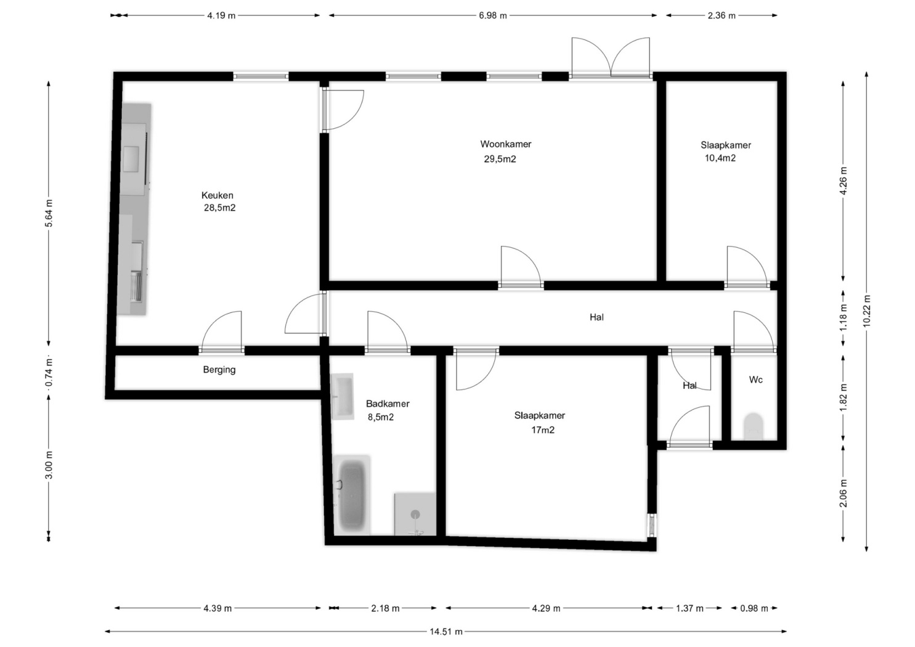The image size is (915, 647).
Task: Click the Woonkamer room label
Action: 506,144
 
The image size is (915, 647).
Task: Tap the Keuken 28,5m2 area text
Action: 220,208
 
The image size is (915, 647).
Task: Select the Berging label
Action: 219,370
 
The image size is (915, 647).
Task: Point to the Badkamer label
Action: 388,404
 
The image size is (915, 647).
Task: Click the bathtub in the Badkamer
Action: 352,495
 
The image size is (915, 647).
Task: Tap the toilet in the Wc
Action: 754,426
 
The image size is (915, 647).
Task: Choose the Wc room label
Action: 755,380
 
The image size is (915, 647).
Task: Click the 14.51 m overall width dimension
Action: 446,632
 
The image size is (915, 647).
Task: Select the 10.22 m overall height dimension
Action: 867,311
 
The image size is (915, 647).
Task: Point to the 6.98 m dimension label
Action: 493,15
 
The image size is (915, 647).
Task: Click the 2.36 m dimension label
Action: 722,15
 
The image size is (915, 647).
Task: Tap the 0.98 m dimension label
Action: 754,608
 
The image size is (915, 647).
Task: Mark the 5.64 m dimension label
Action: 49,213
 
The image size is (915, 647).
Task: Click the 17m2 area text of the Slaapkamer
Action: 543,429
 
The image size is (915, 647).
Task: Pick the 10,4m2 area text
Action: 720,158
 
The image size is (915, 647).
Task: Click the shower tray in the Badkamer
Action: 415,514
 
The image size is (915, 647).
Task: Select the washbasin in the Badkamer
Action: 343,396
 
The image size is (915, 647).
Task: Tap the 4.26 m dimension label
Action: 844,181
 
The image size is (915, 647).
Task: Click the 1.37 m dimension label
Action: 690,608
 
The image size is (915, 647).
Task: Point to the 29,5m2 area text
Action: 500,159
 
